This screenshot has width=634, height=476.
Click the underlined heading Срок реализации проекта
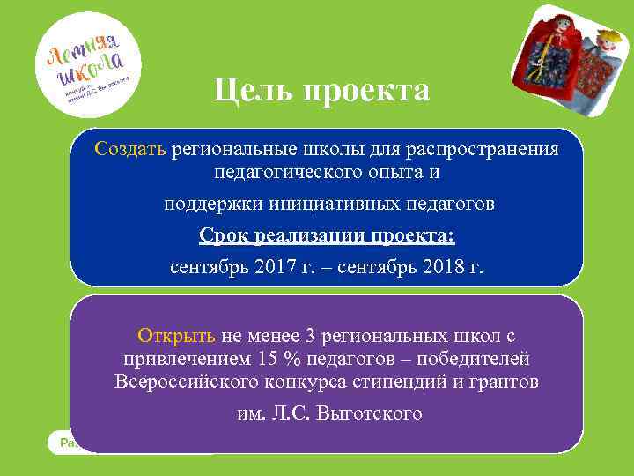pyautogui.click(x=327, y=235)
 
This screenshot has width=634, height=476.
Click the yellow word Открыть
pyautogui.click(x=176, y=336)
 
